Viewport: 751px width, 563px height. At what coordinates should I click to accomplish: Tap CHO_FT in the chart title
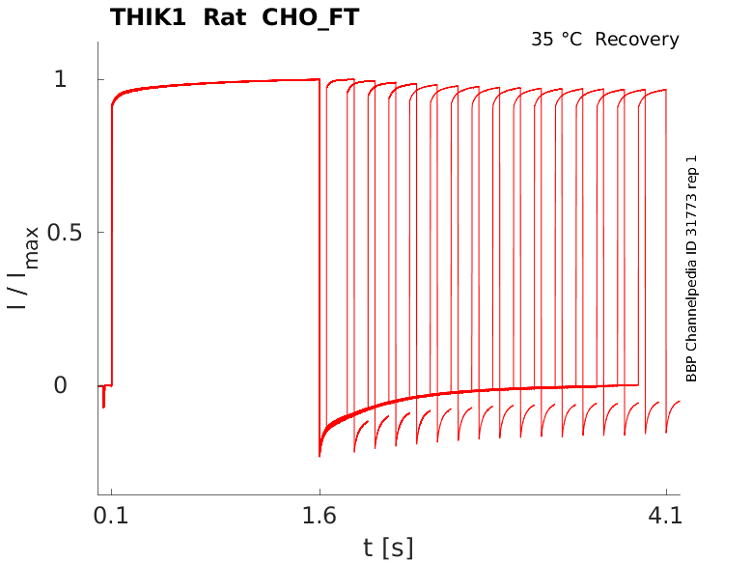(x=311, y=17)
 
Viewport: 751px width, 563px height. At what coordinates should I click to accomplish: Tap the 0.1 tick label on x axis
(x=111, y=517)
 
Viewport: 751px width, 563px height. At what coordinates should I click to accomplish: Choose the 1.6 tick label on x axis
(x=320, y=517)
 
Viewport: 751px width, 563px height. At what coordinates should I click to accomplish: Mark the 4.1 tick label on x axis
(x=666, y=517)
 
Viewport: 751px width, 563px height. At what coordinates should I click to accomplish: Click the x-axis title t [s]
(x=388, y=548)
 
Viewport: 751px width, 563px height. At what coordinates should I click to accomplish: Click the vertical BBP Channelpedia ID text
(x=691, y=267)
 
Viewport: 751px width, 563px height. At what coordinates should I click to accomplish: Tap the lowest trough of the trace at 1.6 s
(x=320, y=454)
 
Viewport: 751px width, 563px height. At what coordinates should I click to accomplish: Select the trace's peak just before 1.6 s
(x=318, y=80)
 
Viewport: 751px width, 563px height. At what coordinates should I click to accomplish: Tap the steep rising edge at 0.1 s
(x=111, y=241)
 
